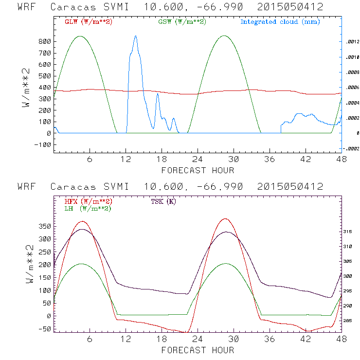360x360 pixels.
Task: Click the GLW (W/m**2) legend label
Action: point(88,22)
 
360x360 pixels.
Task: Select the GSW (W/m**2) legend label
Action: point(181,22)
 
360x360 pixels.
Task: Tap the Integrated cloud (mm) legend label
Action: point(280,22)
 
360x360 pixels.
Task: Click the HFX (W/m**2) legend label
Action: point(88,201)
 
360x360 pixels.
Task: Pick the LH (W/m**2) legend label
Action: point(88,208)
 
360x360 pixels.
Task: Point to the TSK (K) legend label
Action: point(163,201)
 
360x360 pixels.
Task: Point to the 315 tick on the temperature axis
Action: point(351,232)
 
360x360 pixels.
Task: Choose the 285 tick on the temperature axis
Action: point(351,321)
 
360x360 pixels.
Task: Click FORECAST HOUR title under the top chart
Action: point(198,170)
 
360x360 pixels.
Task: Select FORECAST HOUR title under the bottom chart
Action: point(198,350)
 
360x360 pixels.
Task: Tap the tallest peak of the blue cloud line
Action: point(135,36)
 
